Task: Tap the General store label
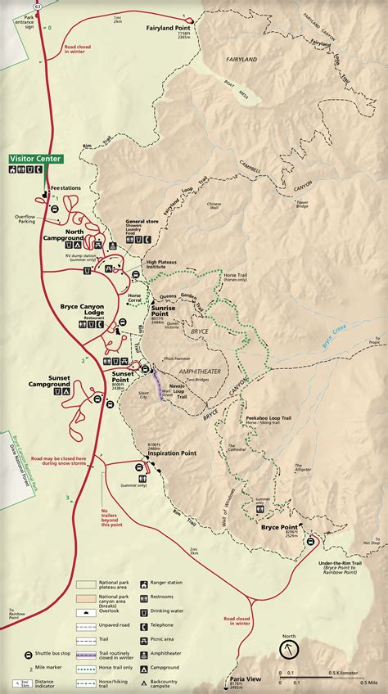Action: (142, 221)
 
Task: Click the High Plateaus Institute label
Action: (162, 265)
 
